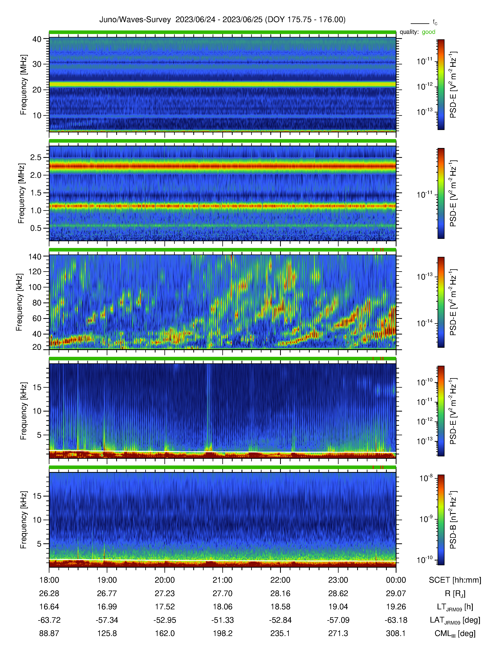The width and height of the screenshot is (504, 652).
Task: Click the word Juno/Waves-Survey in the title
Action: tap(135, 20)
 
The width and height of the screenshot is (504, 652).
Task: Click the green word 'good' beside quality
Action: tap(428, 32)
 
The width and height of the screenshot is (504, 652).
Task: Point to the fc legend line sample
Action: tap(420, 23)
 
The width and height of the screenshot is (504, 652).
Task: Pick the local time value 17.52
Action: tap(165, 607)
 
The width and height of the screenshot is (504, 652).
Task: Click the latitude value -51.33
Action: tap(222, 620)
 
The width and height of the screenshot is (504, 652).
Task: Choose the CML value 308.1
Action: tap(396, 633)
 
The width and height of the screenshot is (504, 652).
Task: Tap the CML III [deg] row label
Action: tap(455, 633)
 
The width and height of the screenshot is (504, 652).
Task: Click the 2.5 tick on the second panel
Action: tap(36, 157)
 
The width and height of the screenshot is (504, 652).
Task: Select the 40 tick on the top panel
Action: tap(37, 39)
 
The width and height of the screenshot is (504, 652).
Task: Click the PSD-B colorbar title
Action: tap(453, 520)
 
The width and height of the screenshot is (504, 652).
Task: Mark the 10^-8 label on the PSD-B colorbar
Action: tap(426, 478)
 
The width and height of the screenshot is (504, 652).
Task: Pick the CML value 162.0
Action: tap(165, 633)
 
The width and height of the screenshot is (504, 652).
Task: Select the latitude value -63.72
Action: tap(49, 620)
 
